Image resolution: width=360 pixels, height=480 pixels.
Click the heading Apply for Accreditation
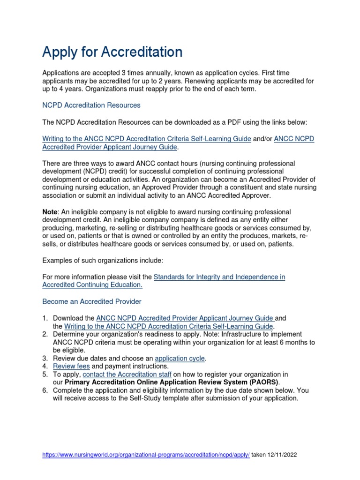[x=112, y=52]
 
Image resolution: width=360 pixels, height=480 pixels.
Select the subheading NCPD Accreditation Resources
[x=91, y=105]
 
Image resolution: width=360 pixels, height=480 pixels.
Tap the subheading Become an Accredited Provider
[x=92, y=301]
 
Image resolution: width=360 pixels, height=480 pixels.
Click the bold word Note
[x=50, y=212]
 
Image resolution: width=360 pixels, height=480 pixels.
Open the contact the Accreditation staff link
[x=127, y=374]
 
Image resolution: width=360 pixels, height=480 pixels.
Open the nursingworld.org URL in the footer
[x=146, y=455]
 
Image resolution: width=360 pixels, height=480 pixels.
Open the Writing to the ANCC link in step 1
[x=169, y=326]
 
